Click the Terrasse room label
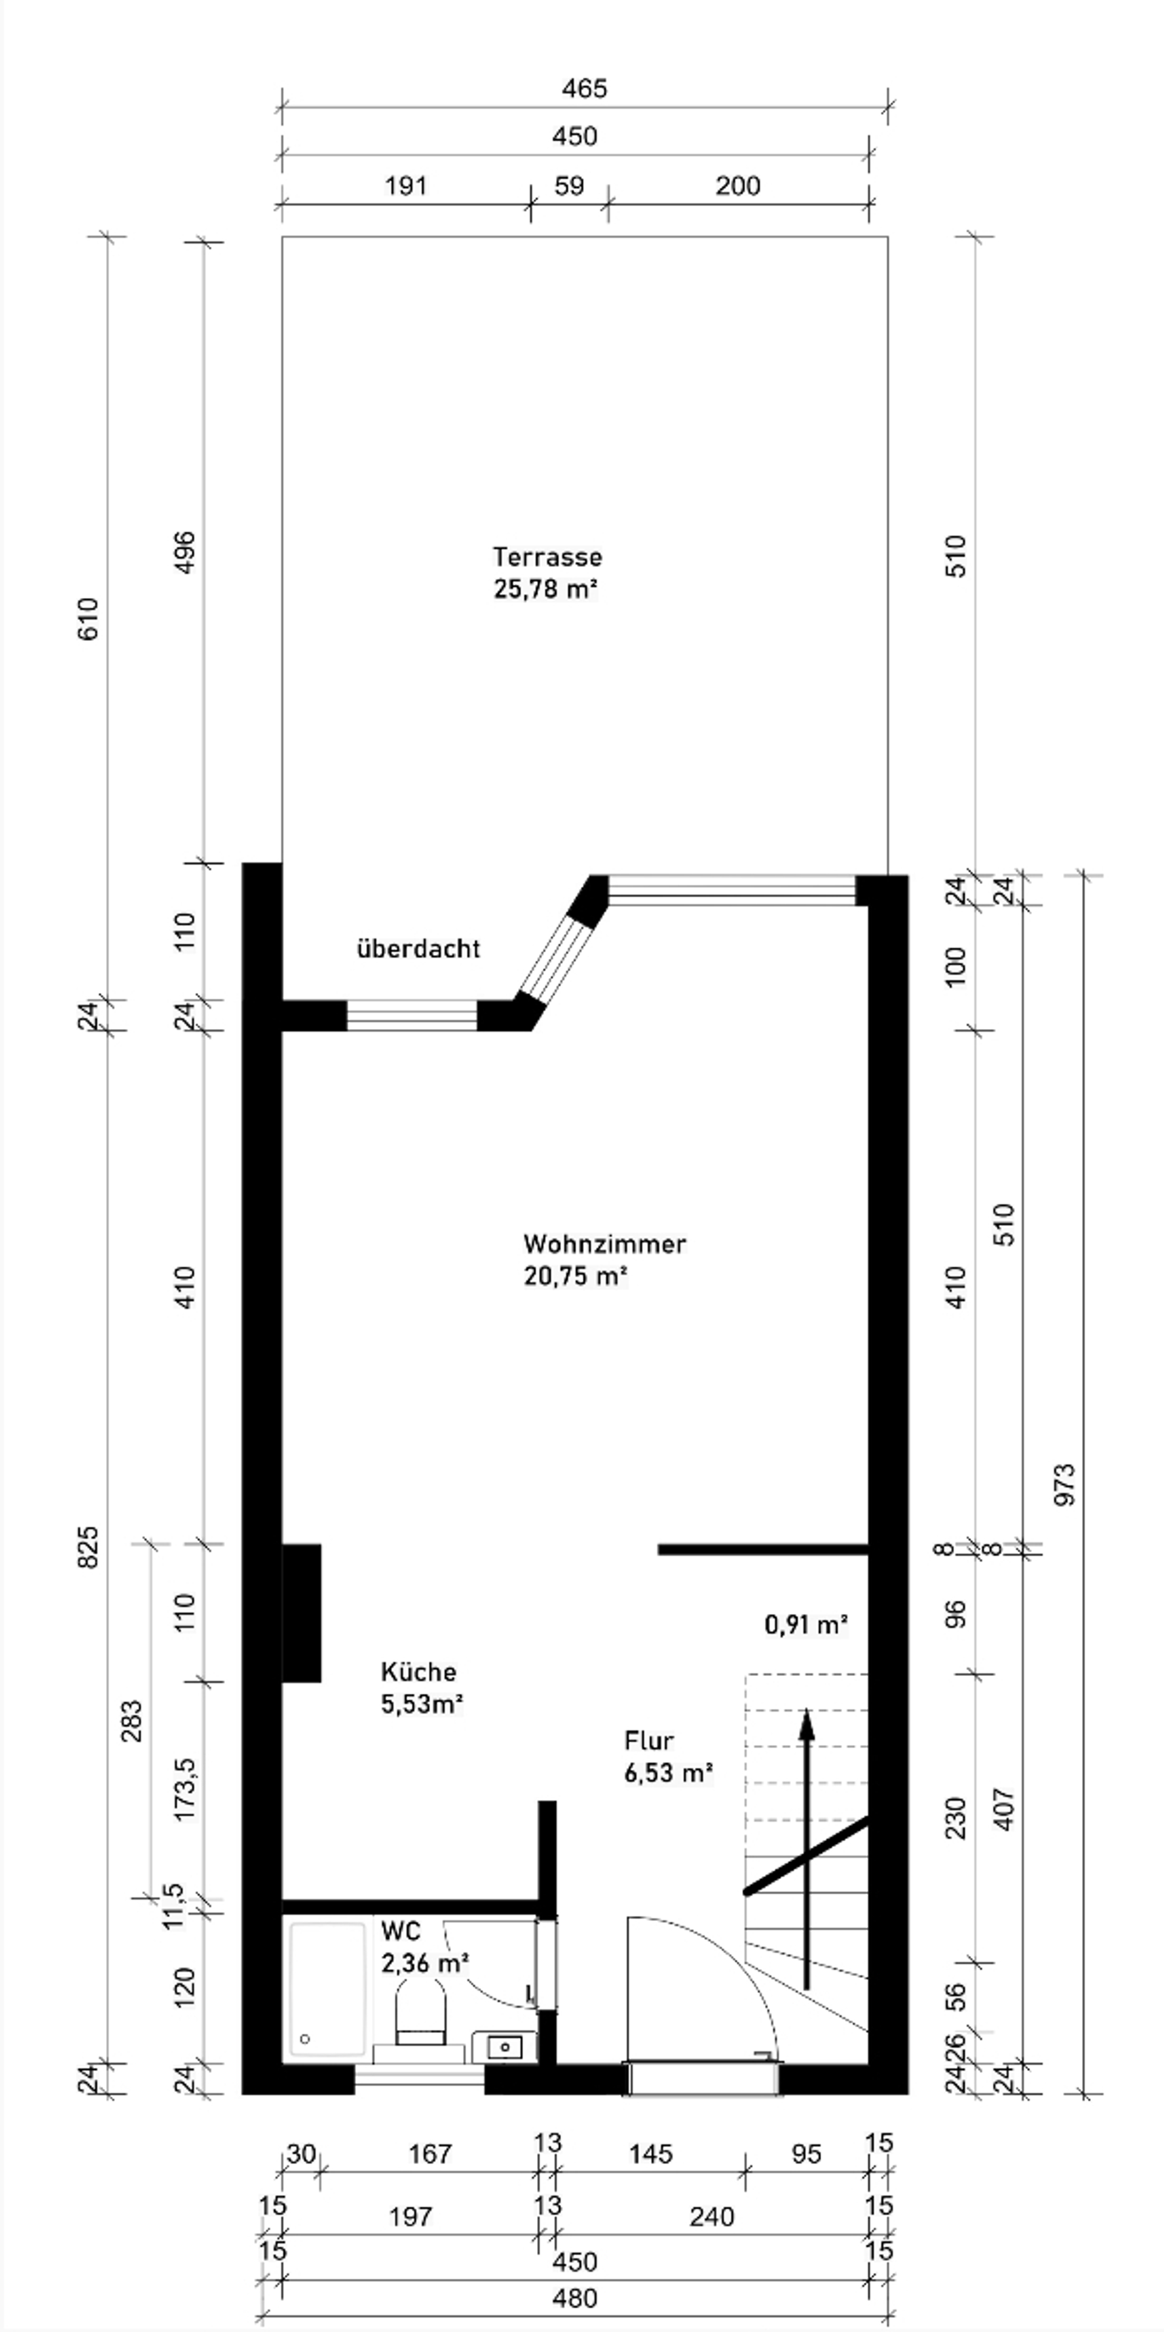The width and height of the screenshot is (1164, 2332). [x=547, y=556]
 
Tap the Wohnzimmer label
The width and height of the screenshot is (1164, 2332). [x=604, y=1244]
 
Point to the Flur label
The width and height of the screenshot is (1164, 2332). [x=649, y=1741]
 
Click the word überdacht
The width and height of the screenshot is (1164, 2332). [x=418, y=949]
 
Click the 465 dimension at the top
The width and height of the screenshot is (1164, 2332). [x=584, y=89]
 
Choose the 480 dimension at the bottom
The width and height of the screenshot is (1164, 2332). [x=575, y=2297]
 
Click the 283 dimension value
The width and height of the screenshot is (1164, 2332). [x=131, y=1721]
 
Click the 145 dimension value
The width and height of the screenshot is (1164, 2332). [x=651, y=2154]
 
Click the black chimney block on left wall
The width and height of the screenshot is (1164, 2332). [x=301, y=1612]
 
